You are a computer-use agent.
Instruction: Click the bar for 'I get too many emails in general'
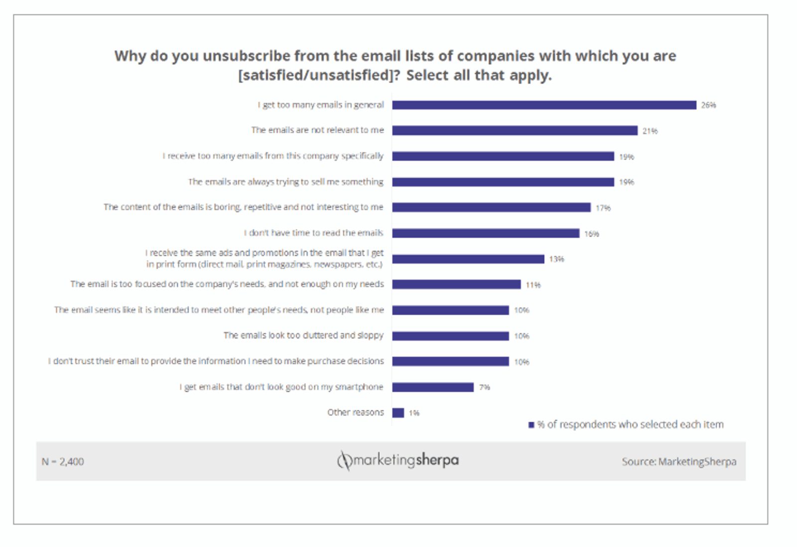coord(544,105)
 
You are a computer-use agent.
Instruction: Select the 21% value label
coord(650,131)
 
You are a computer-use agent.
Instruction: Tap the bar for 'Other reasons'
coord(398,413)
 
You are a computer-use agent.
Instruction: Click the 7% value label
coord(484,387)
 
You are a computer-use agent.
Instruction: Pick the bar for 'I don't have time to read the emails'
coord(486,233)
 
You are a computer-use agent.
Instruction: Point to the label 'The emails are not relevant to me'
coord(317,130)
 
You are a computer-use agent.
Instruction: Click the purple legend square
coord(531,425)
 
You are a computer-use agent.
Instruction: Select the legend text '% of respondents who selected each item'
coord(630,425)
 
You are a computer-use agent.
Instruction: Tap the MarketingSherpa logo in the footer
coord(398,460)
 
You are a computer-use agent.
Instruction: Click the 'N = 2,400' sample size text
coord(63,462)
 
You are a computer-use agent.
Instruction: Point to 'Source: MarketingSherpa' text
coord(678,462)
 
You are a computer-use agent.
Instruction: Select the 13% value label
coord(556,259)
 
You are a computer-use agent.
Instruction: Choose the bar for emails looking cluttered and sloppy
coord(450,336)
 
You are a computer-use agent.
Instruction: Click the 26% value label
coord(708,105)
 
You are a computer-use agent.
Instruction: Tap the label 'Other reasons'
coord(355,413)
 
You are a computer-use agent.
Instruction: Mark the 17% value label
coord(603,208)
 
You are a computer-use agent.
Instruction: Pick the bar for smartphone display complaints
coord(432,387)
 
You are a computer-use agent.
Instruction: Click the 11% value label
coord(533,285)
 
